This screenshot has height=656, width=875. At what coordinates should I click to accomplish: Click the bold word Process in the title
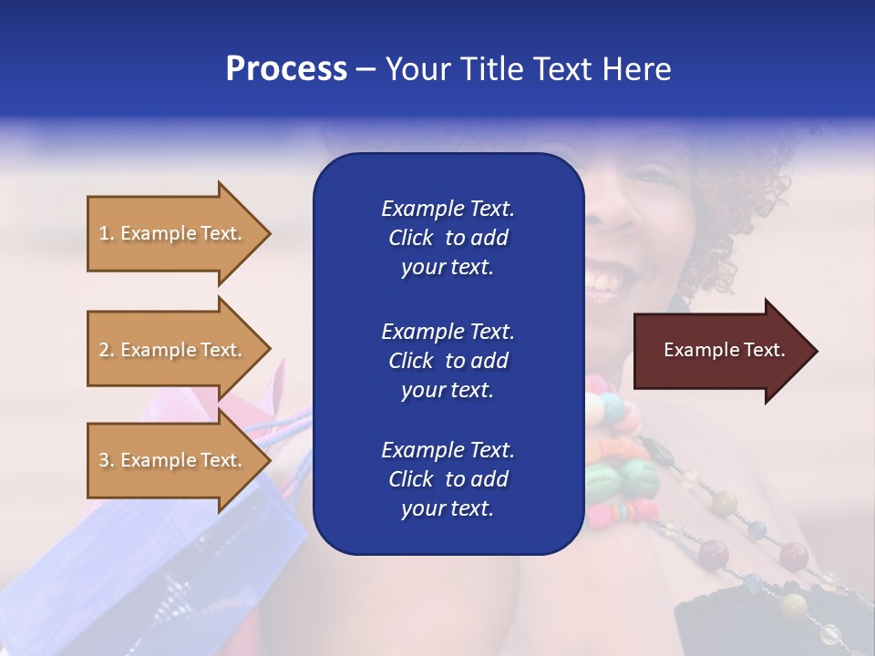coord(286,69)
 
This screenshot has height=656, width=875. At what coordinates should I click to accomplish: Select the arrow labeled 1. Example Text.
coord(173,233)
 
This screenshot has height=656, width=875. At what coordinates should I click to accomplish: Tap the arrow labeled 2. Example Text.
coord(173,350)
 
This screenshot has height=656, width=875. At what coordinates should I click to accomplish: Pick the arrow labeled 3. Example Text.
coord(173,460)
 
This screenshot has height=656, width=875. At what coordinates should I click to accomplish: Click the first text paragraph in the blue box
coord(448,238)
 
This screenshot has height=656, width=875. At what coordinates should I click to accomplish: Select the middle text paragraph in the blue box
coord(448,361)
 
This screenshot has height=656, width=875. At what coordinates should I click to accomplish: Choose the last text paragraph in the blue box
coord(448,479)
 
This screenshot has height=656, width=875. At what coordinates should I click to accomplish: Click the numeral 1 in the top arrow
coord(104,233)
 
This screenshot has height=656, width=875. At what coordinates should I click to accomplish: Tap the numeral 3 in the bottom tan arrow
coord(104,460)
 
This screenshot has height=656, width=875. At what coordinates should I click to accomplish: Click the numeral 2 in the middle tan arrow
coord(104,350)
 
